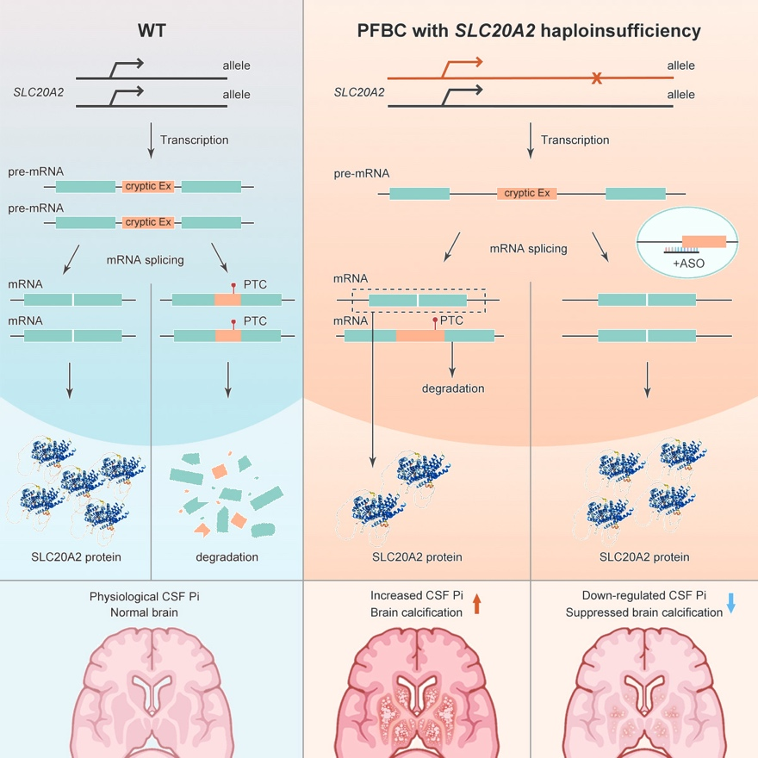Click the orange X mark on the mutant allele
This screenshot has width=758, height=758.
point(595,79)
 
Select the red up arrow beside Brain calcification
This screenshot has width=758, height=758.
point(477,608)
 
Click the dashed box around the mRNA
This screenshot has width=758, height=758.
point(419,301)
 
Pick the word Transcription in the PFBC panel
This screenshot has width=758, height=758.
point(575,140)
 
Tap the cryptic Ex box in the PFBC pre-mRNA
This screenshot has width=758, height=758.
point(526,193)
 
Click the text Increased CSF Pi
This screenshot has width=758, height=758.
point(417,595)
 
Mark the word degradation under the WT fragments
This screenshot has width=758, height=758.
point(227,556)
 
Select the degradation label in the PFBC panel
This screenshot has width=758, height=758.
point(453,388)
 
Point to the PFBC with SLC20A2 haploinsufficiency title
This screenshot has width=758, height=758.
point(529,32)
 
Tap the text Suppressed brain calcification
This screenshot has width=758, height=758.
point(643,612)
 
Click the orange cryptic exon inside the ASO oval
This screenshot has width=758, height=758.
point(704,240)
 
